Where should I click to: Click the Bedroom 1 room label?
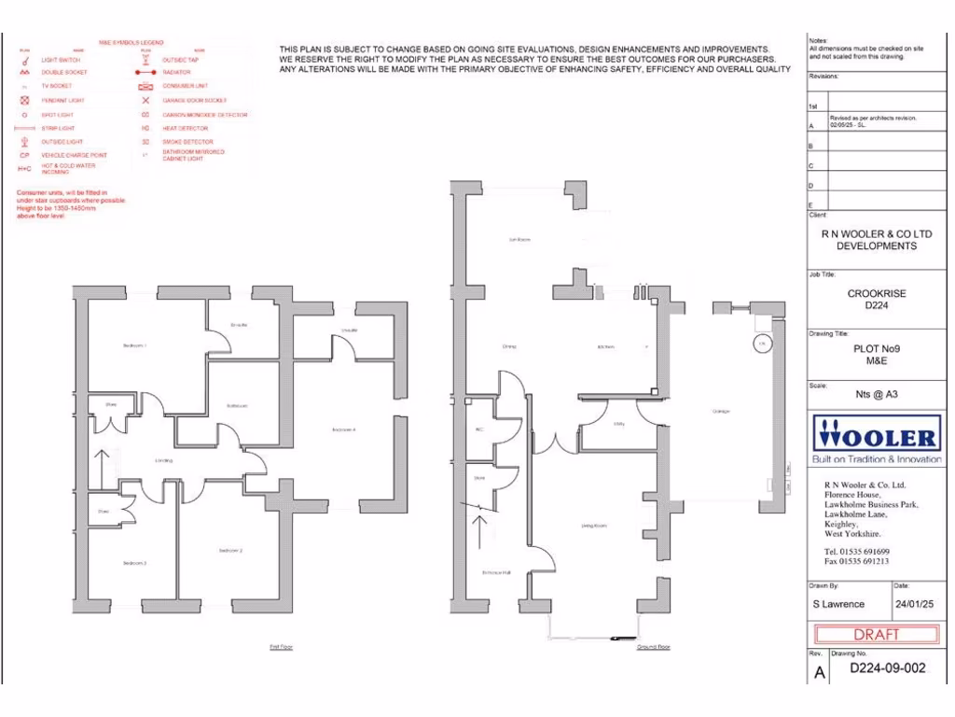click(x=135, y=346)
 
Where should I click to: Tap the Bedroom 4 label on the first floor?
click(x=344, y=429)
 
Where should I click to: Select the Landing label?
click(x=164, y=460)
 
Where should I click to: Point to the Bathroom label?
click(x=236, y=406)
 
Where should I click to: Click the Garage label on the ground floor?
click(x=721, y=412)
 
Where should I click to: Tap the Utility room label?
click(x=618, y=425)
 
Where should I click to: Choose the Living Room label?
click(x=594, y=527)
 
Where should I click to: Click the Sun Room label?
click(x=519, y=240)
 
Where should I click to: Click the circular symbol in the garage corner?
click(x=762, y=344)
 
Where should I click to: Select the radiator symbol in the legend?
click(x=145, y=72)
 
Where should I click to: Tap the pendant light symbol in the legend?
click(x=25, y=100)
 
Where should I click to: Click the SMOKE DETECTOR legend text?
click(x=186, y=142)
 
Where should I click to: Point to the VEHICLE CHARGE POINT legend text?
click(x=74, y=155)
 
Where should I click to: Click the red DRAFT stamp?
click(x=877, y=635)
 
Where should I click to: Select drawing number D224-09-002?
click(x=887, y=668)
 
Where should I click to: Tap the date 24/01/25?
click(x=914, y=604)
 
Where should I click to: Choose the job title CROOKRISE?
click(x=876, y=293)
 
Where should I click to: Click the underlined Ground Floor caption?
click(x=653, y=646)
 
